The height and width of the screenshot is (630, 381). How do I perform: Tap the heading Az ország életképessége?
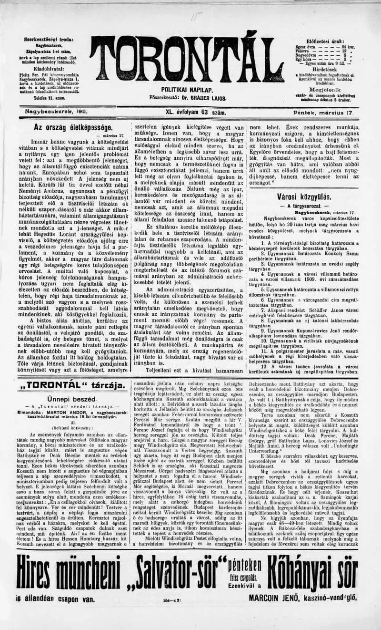73,128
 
